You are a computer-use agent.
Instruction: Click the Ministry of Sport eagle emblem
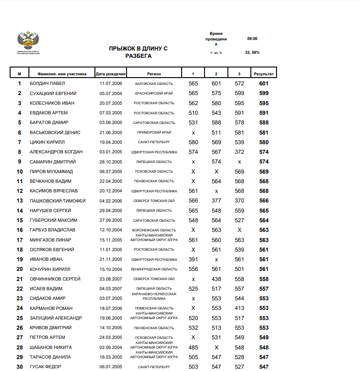(x=28, y=40)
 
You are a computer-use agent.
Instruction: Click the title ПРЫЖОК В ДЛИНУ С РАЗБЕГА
(x=138, y=52)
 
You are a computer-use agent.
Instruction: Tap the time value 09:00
(x=252, y=39)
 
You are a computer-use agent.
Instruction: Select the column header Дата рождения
(x=111, y=73)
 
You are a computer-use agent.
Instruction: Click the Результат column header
(x=263, y=73)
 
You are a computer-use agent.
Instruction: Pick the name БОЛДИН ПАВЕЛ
(x=47, y=84)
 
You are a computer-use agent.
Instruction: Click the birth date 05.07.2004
(x=111, y=93)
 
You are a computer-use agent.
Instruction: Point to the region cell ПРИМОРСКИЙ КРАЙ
(x=154, y=132)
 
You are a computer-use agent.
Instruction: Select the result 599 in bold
(x=264, y=93)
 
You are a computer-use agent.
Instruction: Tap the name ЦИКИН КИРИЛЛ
(x=46, y=142)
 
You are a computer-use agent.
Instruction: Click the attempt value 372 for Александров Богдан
(x=239, y=152)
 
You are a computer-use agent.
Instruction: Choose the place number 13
(x=20, y=201)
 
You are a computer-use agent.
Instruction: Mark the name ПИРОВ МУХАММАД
(x=51, y=171)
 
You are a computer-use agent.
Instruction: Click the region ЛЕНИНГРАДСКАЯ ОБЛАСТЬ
(x=154, y=269)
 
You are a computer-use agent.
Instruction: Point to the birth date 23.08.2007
(x=111, y=279)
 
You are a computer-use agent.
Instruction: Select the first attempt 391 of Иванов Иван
(x=193, y=259)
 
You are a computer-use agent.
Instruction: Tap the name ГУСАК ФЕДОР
(x=45, y=366)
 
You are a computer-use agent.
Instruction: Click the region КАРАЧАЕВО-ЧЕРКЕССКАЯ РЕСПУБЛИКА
(x=154, y=296)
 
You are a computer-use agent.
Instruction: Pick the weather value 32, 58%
(x=252, y=52)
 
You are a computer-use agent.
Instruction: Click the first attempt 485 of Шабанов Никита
(x=193, y=347)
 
